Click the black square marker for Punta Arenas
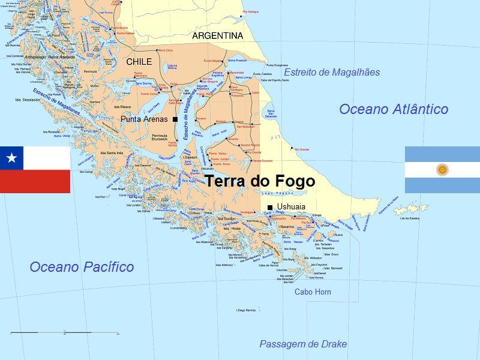point(175,119)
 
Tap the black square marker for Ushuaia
point(270,208)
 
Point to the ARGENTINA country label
point(218,36)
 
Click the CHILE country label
point(139,62)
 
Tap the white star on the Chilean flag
point(11,158)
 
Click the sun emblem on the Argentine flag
point(442,170)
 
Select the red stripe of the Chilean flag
point(35,181)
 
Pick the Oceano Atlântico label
point(393,109)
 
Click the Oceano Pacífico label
point(82,267)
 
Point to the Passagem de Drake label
point(302,344)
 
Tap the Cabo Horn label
point(313,292)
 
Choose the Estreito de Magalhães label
point(332,72)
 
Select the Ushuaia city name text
point(291,207)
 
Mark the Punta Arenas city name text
point(144,119)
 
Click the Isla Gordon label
point(227,219)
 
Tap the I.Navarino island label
point(286,227)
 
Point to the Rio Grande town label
point(302,149)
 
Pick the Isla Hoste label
point(232,229)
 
